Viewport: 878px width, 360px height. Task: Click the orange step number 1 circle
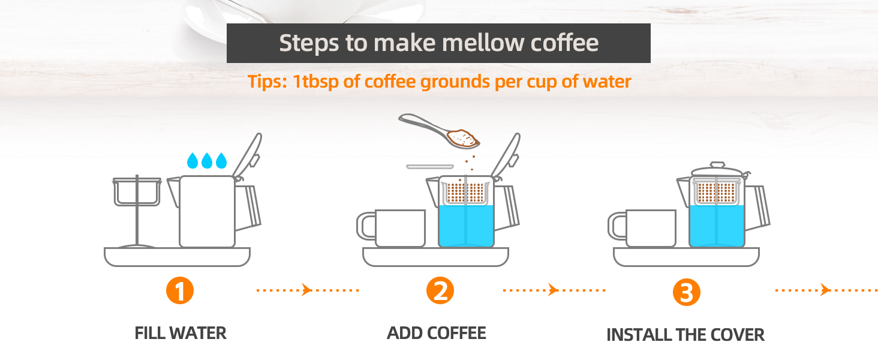click(x=180, y=290)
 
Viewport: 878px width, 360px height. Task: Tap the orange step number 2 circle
click(x=440, y=290)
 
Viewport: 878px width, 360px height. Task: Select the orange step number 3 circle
click(x=687, y=292)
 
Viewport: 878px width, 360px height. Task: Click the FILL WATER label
click(x=181, y=334)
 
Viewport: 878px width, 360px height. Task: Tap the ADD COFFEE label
click(x=437, y=334)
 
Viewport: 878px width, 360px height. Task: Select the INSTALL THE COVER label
click(x=685, y=335)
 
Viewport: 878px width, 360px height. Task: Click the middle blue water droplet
click(x=206, y=161)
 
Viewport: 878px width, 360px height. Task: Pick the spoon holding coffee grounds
click(x=439, y=131)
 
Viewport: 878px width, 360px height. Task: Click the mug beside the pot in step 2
click(x=391, y=228)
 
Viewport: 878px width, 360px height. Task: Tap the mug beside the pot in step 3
click(x=642, y=228)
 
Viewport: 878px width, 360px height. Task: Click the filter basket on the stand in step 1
click(x=137, y=192)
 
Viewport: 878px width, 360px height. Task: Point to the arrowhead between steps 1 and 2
click(x=306, y=290)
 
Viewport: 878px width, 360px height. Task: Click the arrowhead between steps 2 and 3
click(x=553, y=290)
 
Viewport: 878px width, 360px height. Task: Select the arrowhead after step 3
click(x=825, y=290)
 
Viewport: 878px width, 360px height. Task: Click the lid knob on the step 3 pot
click(x=717, y=165)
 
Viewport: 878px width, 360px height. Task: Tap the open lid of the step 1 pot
click(x=248, y=155)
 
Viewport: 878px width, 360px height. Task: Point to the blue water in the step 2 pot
click(x=466, y=226)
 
